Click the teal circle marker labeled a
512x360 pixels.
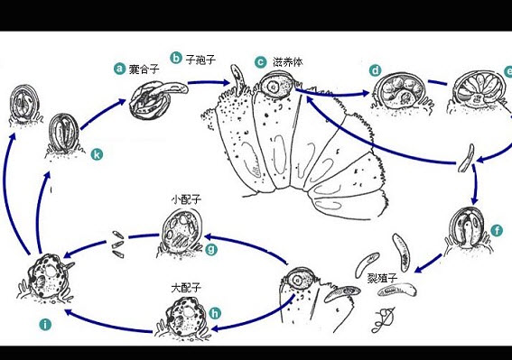coord(119,69)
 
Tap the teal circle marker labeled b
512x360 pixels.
coord(176,58)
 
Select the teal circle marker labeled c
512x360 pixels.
coord(261,62)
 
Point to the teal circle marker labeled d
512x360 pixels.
coord(376,70)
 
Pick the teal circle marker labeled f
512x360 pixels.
coord(497,231)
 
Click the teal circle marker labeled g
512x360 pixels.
coord(211,249)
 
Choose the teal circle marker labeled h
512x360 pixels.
coord(215,313)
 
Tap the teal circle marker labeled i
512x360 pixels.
coord(45,325)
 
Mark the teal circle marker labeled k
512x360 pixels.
coord(97,154)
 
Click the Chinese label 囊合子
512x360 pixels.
coord(144,69)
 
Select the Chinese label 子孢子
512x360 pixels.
coord(200,60)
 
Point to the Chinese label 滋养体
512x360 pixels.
coord(288,62)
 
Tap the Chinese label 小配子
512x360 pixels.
coord(186,199)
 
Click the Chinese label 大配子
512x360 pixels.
coord(186,288)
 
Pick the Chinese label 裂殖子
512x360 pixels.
coord(382,278)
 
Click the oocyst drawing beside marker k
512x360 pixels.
coord(64,134)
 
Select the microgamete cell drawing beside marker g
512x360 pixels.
coord(182,234)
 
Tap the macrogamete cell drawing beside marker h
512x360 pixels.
coord(182,318)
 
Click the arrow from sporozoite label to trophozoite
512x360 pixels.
coord(209,83)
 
